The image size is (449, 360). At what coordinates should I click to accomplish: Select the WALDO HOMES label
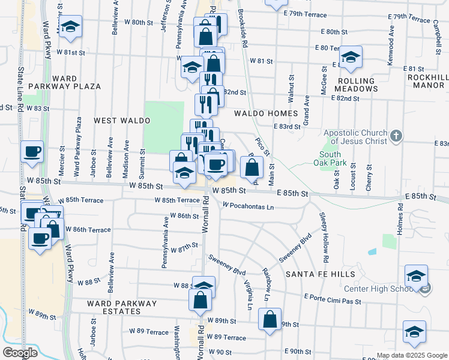coord(266,113)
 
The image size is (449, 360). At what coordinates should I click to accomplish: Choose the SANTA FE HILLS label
coord(320,274)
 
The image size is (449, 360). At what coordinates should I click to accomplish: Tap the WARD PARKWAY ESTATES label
coord(122,308)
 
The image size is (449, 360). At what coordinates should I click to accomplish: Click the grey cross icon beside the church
coord(396,136)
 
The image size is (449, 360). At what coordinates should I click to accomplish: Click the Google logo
coord(20,353)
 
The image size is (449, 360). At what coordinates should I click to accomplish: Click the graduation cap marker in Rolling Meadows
coord(351,58)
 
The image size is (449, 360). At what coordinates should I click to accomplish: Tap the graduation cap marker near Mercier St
coord(71,27)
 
